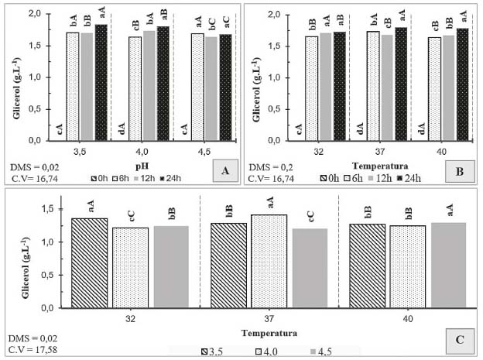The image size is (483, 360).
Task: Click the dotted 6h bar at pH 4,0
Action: click(135, 89)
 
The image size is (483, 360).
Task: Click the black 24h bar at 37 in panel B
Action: click(401, 84)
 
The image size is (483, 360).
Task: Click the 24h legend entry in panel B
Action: click(411, 180)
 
